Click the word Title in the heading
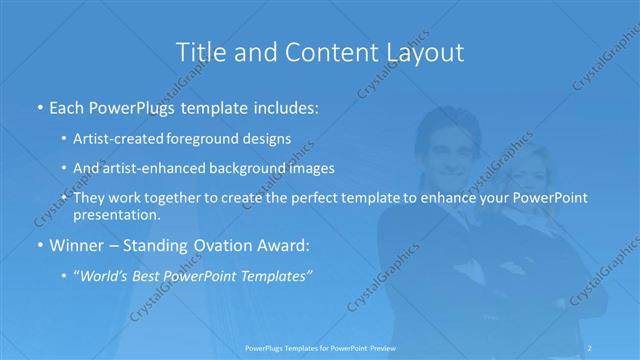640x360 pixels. coord(200,51)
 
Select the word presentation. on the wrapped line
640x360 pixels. coord(117,215)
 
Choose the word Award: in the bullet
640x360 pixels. coord(284,243)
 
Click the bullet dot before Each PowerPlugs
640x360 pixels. coord(38,106)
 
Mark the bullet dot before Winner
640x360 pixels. coord(38,244)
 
